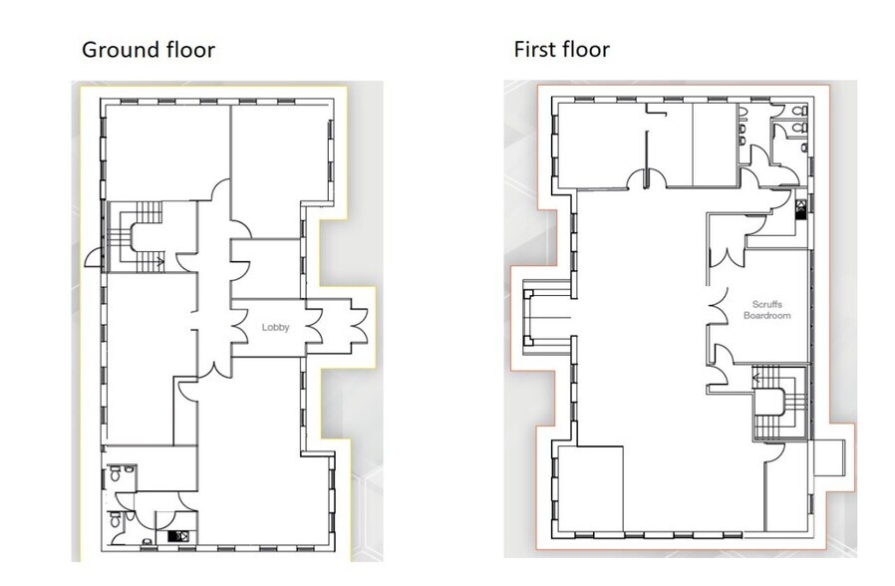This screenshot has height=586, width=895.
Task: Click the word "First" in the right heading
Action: [534, 49]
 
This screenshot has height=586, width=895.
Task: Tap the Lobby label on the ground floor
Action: [276, 327]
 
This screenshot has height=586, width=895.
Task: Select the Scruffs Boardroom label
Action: [767, 310]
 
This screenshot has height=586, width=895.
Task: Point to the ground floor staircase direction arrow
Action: [158, 261]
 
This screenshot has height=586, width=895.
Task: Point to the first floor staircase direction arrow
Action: [756, 378]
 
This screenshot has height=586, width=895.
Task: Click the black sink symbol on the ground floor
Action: [182, 536]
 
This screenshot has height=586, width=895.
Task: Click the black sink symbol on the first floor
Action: [801, 208]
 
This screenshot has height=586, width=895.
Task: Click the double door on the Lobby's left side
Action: [240, 326]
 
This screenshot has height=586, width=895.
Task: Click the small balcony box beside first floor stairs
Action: [828, 457]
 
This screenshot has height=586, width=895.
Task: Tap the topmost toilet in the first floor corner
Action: [802, 110]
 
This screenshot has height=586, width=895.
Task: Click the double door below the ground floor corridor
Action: [214, 369]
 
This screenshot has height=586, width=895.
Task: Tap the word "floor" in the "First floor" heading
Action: [585, 49]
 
